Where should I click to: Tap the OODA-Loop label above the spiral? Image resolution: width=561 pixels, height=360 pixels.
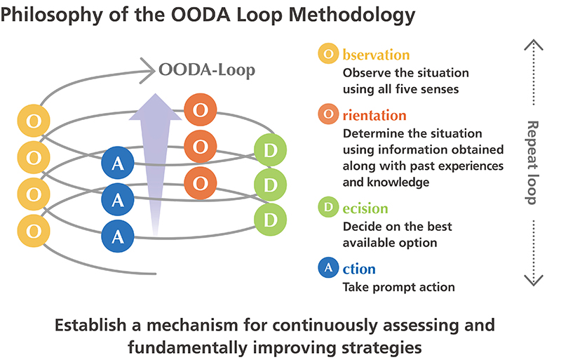coord(207,69)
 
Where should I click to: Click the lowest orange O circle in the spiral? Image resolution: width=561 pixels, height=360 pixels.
coord(200,182)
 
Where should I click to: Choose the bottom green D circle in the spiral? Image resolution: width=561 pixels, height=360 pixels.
coord(271,219)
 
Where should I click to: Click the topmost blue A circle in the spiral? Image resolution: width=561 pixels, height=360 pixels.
coord(118,164)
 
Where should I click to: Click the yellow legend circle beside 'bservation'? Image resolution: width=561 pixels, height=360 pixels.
coord(328,54)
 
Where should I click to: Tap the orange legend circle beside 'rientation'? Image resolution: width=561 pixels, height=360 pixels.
coord(328,114)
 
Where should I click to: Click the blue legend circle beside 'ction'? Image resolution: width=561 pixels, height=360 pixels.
coord(328,268)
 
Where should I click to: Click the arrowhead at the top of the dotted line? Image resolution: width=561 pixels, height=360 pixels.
coord(533,44)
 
